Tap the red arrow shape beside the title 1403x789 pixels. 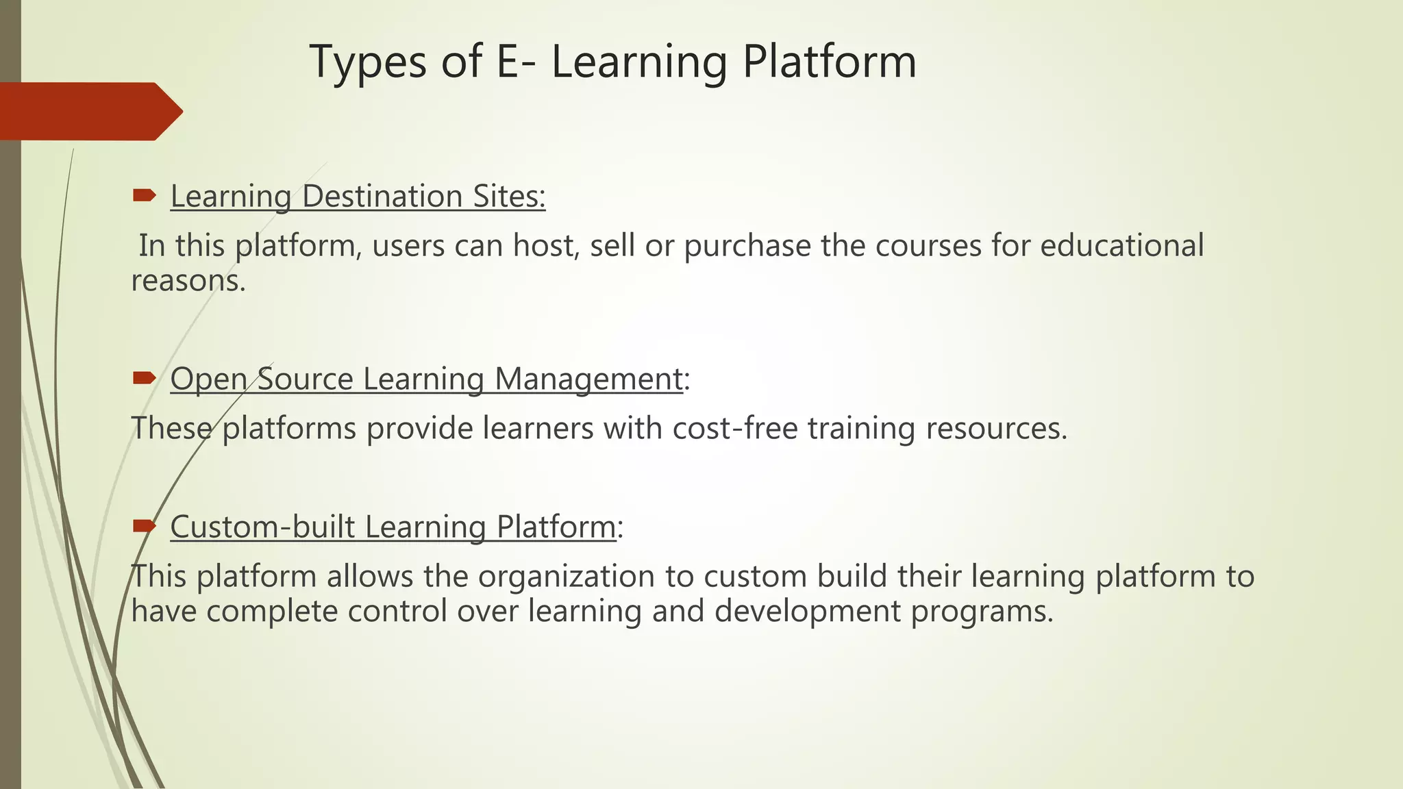[x=89, y=112]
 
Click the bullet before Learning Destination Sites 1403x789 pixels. [x=145, y=197]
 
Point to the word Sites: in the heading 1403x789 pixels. [x=509, y=197]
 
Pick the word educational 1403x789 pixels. [x=1121, y=245]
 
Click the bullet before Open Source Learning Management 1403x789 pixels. [x=145, y=378]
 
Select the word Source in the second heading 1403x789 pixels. [x=305, y=379]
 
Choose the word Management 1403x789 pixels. [x=588, y=379]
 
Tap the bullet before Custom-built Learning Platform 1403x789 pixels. [x=145, y=526]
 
